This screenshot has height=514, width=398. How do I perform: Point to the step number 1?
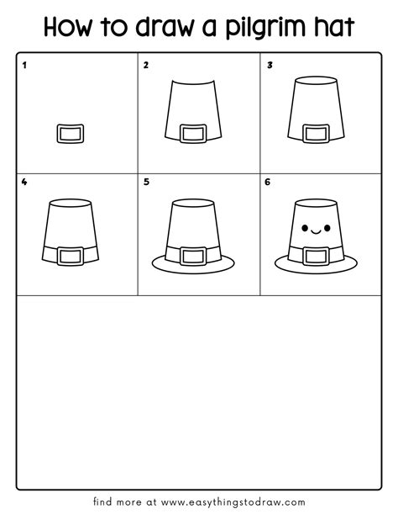tap(24, 65)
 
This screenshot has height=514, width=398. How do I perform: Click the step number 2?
tap(146, 65)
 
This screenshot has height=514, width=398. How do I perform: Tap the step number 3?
tap(270, 65)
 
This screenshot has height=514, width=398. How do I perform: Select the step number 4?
tap(24, 182)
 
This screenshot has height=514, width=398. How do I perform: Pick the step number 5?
tap(146, 182)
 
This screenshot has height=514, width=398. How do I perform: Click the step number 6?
tap(270, 182)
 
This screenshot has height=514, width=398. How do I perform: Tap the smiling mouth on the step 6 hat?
tap(316, 229)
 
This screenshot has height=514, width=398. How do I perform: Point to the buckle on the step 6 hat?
tap(316, 254)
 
